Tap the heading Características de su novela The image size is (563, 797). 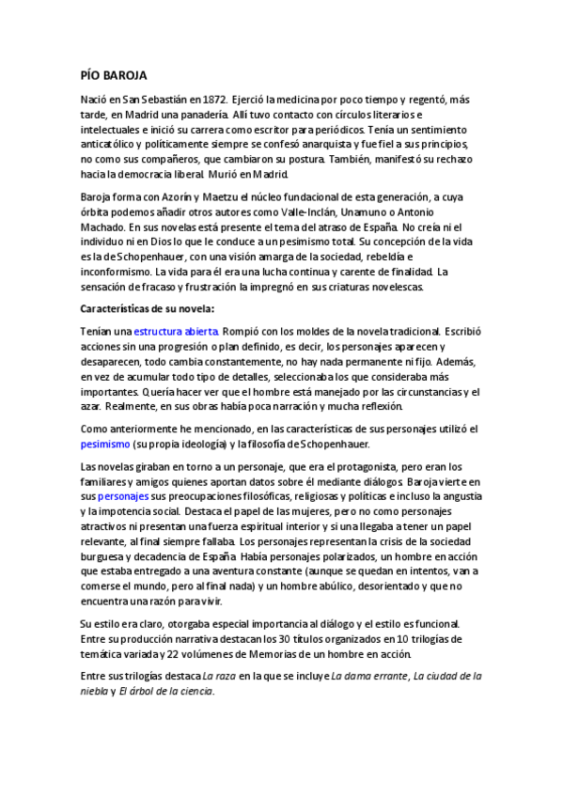coord(148,308)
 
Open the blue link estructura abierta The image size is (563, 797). coord(176,331)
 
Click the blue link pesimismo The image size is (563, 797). coord(105,444)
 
